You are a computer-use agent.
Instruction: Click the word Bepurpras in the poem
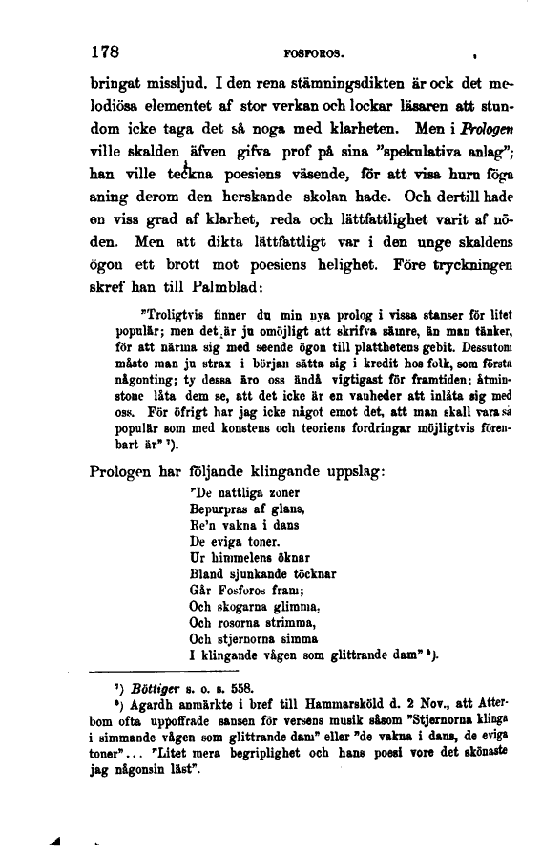(220, 509)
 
